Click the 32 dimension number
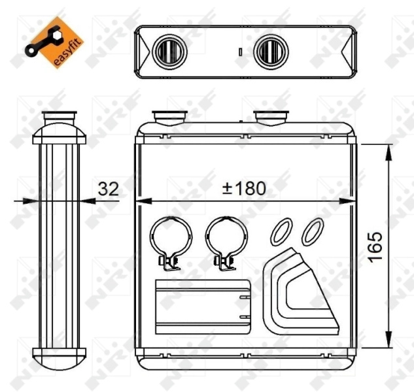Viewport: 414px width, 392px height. pyautogui.click(x=108, y=189)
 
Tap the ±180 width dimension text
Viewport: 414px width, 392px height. pyautogui.click(x=244, y=189)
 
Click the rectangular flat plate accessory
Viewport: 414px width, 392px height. pyautogui.click(x=203, y=306)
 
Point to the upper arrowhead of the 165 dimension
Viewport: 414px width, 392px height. pyautogui.click(x=389, y=151)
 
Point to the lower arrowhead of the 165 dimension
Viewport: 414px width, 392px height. pyautogui.click(x=389, y=342)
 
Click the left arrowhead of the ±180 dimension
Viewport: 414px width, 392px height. pyautogui.click(x=141, y=200)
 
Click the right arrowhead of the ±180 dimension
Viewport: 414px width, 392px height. pyautogui.click(x=351, y=200)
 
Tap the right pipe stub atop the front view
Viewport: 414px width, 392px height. pyautogui.click(x=271, y=118)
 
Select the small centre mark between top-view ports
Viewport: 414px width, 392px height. pyautogui.click(x=240, y=51)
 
